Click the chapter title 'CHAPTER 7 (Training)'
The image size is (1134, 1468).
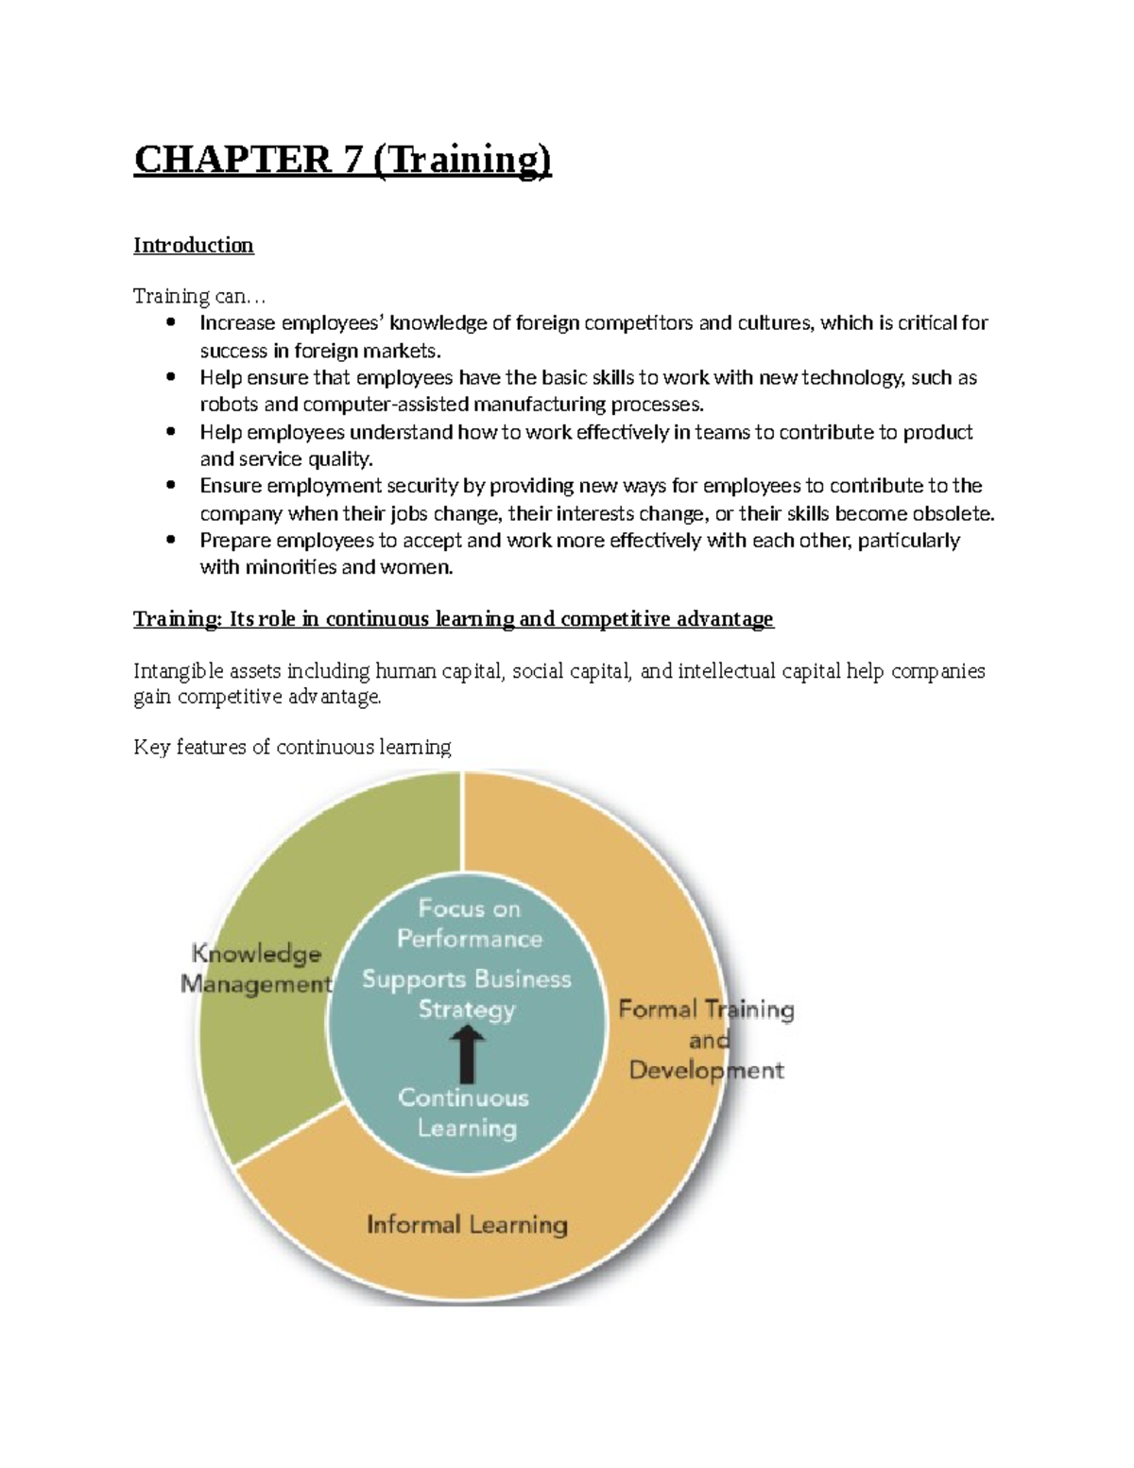point(342,160)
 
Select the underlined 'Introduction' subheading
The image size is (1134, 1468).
point(194,246)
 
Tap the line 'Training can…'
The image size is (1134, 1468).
point(193,297)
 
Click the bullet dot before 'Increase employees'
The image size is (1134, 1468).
point(171,323)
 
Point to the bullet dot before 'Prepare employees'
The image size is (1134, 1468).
point(171,541)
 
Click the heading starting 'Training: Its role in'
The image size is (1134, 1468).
point(453,619)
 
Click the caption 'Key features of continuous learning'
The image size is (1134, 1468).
point(292,748)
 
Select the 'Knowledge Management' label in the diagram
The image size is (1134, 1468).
point(256,969)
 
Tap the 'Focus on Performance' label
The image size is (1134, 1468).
point(469,924)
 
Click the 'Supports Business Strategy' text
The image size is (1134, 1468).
point(467,993)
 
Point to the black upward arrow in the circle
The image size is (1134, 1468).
point(467,1055)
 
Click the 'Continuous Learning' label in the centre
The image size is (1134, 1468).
point(464,1113)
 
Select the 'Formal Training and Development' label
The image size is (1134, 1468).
point(707,1040)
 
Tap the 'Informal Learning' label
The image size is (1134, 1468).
point(467,1225)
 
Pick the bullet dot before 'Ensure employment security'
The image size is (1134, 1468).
point(171,486)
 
